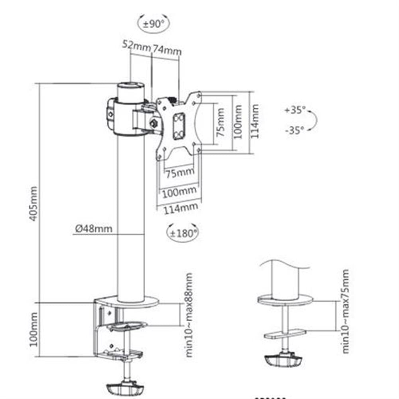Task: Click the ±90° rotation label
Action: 154,24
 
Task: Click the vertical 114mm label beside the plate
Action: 255,121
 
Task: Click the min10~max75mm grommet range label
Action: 345,311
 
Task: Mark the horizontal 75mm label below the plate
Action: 180,172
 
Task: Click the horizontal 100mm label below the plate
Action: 180,192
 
